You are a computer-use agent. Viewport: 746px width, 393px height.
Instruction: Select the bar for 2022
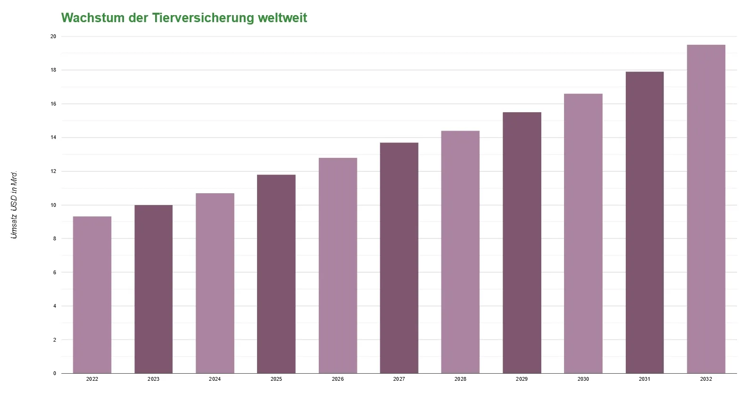(x=92, y=295)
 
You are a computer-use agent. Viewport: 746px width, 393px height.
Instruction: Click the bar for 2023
(x=153, y=289)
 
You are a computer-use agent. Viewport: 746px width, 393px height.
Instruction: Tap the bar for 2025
(x=276, y=274)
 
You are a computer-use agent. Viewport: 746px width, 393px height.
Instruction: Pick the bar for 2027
(x=399, y=258)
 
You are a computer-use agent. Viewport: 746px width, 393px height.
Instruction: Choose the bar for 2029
(x=522, y=243)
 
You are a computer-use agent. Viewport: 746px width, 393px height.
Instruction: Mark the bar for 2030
(x=583, y=233)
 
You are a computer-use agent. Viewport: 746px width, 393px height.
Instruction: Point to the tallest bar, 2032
(x=706, y=209)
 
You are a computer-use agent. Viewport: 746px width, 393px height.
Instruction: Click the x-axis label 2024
(x=215, y=379)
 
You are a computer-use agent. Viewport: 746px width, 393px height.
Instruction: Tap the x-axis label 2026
(x=338, y=379)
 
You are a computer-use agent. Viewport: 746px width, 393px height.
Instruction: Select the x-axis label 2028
(x=460, y=379)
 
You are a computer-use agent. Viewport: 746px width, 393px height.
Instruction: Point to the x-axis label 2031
(x=644, y=379)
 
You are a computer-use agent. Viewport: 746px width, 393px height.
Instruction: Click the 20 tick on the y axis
(x=53, y=36)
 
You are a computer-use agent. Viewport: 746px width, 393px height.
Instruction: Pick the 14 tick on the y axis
(x=53, y=138)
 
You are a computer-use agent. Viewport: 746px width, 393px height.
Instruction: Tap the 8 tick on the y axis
(x=55, y=238)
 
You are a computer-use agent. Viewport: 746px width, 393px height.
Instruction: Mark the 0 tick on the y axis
(x=55, y=373)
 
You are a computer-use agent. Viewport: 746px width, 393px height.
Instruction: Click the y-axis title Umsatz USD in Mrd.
(x=14, y=205)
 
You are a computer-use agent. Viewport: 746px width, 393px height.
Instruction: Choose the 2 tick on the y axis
(x=55, y=340)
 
